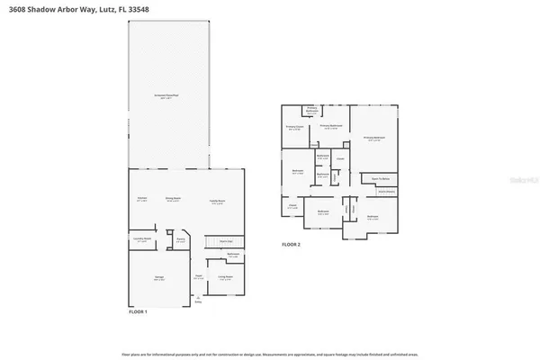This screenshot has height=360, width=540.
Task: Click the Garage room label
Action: coord(159,279)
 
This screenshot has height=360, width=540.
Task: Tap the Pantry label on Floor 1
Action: coord(180,240)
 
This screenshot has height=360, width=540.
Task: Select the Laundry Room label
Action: coord(142,240)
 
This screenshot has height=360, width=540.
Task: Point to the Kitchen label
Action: coord(142,200)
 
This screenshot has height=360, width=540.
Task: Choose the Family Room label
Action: coord(217,202)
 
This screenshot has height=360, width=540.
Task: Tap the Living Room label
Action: coord(226,277)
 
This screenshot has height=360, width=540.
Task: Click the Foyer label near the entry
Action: coord(199,277)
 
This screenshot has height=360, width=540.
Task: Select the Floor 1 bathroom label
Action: coord(233,255)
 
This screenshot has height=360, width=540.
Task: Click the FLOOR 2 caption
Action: coord(291,245)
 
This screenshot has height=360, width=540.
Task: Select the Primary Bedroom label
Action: coord(374,138)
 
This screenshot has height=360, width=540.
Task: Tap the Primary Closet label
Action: coord(294,127)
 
